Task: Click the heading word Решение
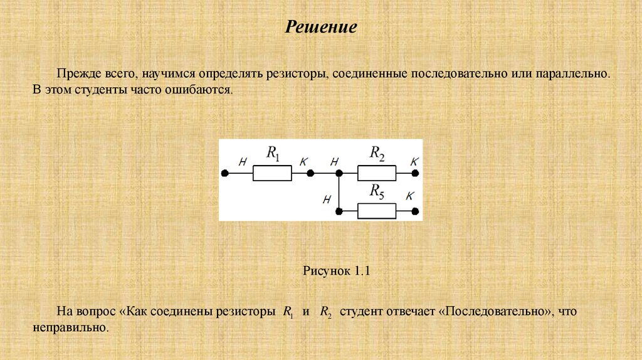point(321,28)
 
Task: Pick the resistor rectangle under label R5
point(376,211)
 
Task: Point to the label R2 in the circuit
point(377,152)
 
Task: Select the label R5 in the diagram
point(377,191)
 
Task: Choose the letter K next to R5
point(410,196)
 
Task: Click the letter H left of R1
point(242,162)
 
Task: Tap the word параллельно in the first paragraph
point(572,74)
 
